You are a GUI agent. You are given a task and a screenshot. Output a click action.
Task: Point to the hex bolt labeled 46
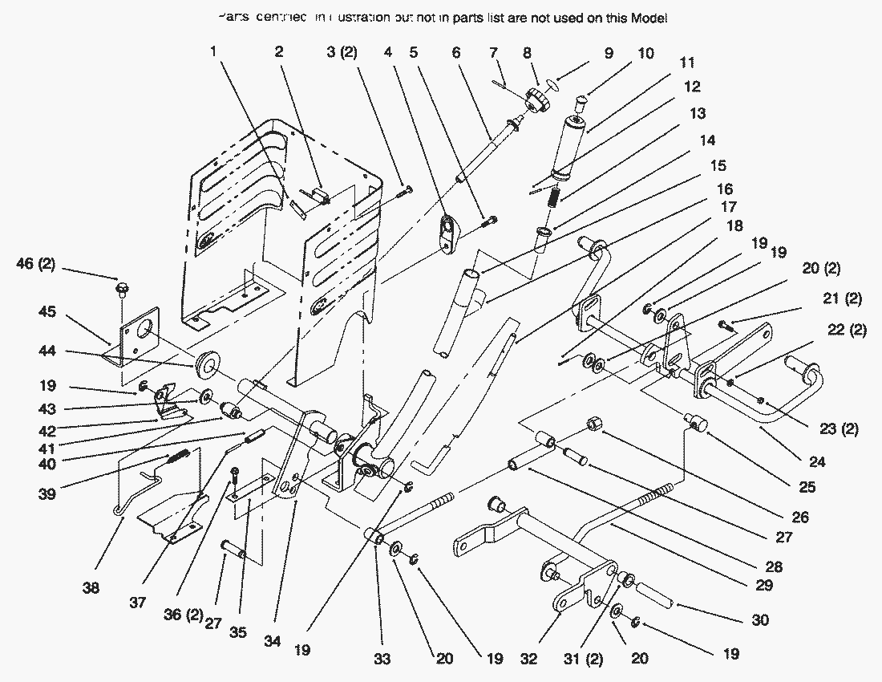(123, 286)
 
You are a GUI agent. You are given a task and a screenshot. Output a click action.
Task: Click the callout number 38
(91, 588)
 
